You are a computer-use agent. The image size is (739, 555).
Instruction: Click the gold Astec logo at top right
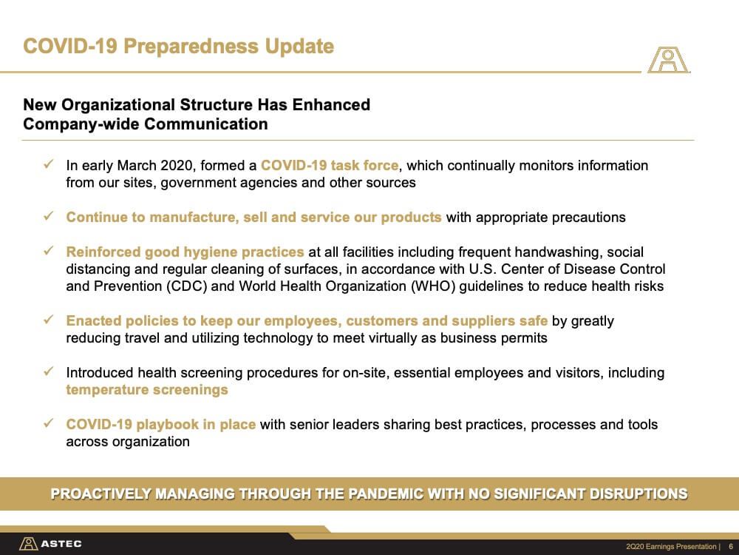[x=668, y=60]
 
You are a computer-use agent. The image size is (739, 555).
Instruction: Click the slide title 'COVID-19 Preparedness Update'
[x=179, y=46]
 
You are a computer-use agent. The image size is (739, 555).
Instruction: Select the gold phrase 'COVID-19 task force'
[x=330, y=165]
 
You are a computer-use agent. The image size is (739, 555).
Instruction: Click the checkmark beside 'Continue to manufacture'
[x=48, y=216]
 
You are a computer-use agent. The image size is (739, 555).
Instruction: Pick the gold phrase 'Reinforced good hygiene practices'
[x=185, y=252]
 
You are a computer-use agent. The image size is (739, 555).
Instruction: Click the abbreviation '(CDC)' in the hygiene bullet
[x=186, y=286]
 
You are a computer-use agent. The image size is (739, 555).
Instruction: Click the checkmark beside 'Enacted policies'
[x=48, y=320]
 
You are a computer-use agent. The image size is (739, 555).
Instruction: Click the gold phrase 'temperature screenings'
[x=147, y=390]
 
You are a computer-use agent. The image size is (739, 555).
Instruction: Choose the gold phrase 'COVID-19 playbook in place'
[x=160, y=424]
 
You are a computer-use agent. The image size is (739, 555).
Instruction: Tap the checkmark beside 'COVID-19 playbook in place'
[x=48, y=423]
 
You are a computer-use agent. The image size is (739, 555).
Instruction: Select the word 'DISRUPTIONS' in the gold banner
[x=638, y=494]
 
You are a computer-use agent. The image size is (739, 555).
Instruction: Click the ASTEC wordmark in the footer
[x=61, y=544]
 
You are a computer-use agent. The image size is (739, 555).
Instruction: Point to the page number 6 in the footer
[x=731, y=547]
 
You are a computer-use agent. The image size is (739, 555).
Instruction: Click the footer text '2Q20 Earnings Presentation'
[x=671, y=547]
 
